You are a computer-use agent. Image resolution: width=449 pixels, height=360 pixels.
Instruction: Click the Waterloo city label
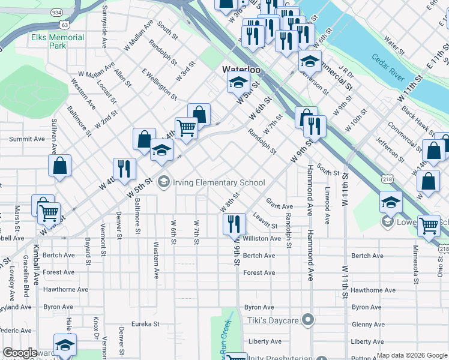pos(241,70)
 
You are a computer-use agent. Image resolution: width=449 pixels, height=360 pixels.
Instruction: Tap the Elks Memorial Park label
pos(58,41)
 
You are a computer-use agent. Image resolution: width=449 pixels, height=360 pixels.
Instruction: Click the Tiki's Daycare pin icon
pos(309,320)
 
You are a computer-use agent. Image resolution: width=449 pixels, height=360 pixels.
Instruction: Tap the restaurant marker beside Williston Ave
pos(234,224)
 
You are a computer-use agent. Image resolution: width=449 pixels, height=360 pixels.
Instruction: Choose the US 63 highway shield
pos(64,25)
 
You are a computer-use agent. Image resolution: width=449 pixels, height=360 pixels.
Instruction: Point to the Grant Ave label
pos(279,206)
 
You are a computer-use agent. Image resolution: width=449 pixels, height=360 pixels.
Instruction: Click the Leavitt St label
pos(265,221)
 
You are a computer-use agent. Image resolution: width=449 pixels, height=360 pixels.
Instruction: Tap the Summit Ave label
pos(27,139)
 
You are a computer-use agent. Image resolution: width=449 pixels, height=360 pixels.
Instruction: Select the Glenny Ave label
pos(368,324)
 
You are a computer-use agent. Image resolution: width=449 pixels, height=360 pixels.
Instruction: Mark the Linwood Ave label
pos(327,207)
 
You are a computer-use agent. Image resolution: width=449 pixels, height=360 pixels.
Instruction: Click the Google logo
pos(20,353)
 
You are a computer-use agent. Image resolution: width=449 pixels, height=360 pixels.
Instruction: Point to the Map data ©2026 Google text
pos(411,355)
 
